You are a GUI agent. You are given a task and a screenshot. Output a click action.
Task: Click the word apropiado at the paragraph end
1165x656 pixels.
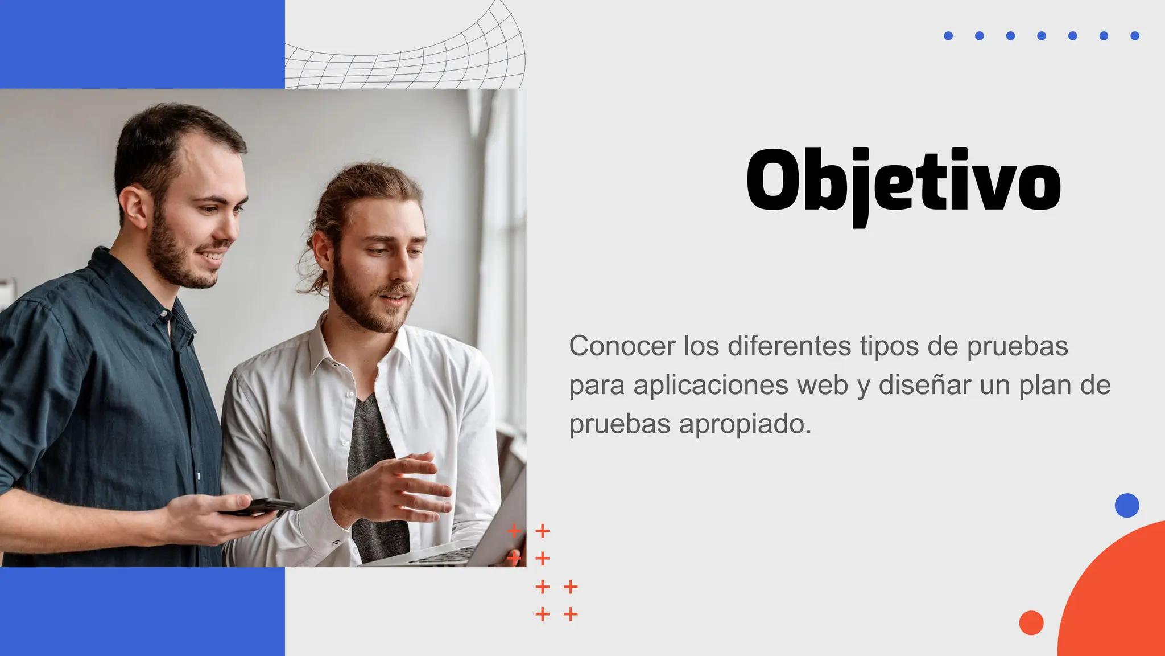pos(745,424)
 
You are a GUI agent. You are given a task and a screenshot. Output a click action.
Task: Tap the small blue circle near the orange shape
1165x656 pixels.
pos(1126,505)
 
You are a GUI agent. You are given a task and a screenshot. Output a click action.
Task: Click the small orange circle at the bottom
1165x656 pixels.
pos(1031,622)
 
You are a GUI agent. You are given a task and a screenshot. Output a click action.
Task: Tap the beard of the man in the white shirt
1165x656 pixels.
pos(364,305)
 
